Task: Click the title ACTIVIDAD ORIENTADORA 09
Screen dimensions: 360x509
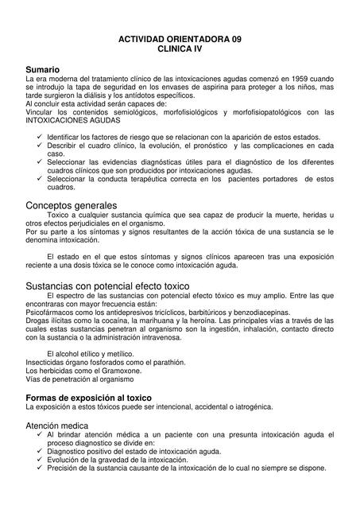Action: [x=179, y=38]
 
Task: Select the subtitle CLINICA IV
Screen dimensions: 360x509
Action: [x=179, y=49]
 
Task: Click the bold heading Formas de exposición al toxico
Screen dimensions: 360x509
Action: [x=89, y=396]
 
